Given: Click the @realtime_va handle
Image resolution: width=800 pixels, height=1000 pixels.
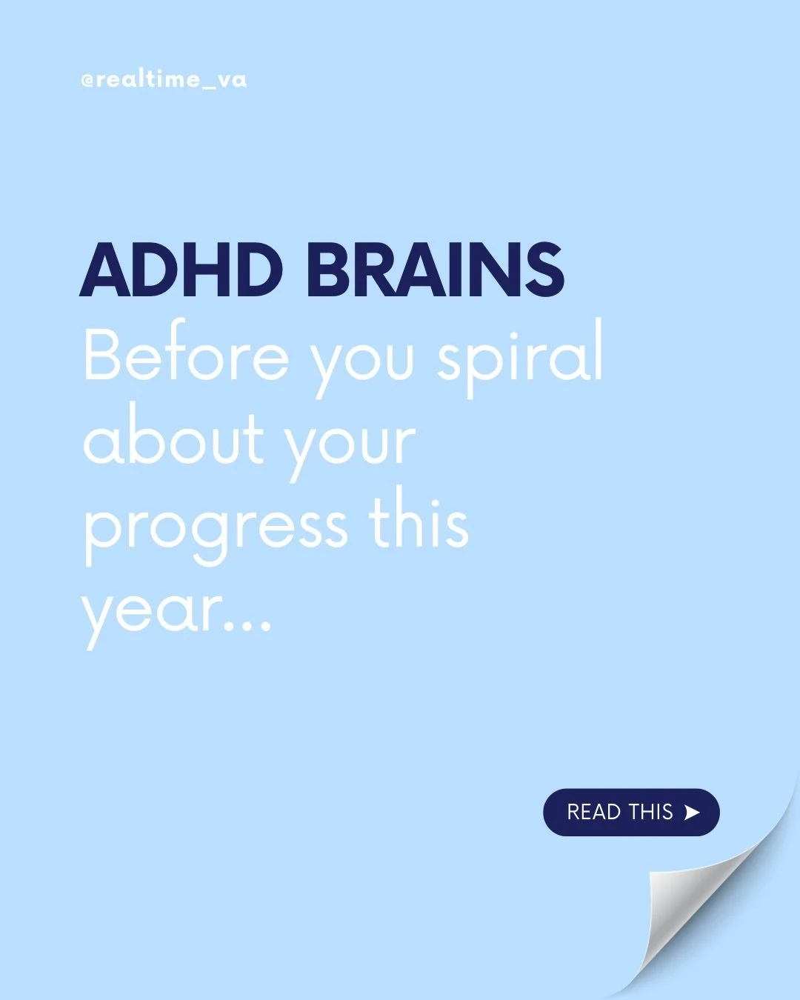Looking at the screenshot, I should [x=164, y=80].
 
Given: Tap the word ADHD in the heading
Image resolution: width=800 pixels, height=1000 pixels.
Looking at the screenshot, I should [x=181, y=270].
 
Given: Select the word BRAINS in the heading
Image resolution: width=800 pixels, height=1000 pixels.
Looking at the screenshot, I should [x=435, y=270].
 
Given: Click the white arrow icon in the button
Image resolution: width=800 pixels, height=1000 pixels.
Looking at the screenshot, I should [x=692, y=813].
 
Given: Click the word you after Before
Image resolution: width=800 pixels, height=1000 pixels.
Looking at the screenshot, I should [x=362, y=363].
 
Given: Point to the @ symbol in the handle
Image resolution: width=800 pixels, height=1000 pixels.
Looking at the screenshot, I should [x=87, y=81].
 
